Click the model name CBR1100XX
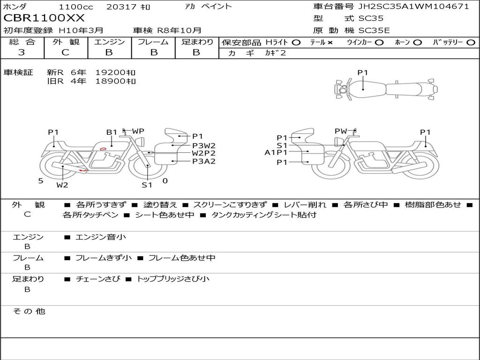point(44,18)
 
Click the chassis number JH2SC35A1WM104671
point(413,6)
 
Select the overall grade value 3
point(22,52)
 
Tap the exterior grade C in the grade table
point(66,52)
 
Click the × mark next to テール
point(330,43)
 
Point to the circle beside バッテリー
point(471,43)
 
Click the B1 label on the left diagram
point(112,132)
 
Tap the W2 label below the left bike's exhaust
point(62,185)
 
